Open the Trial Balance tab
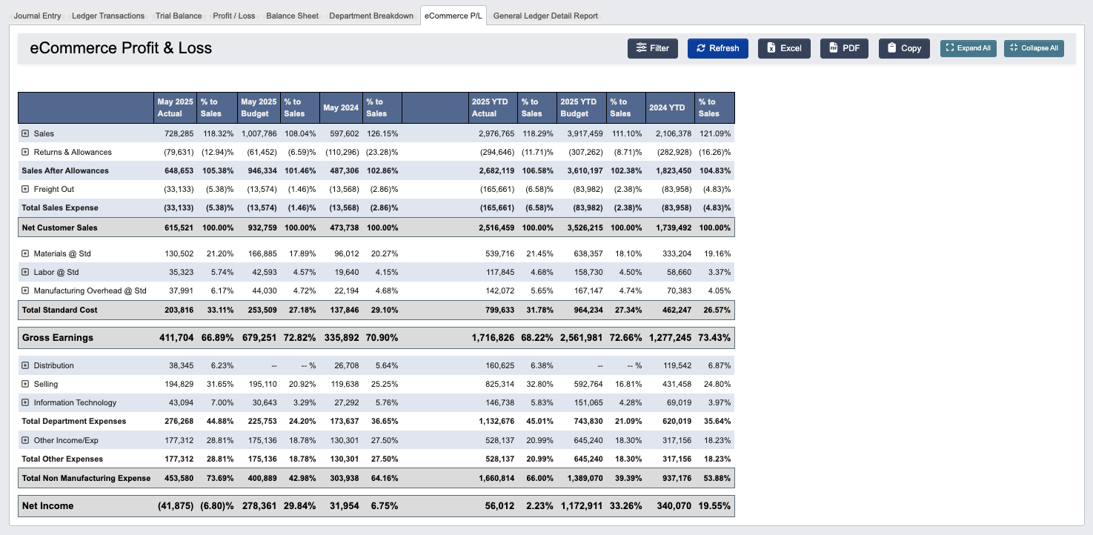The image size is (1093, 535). pyautogui.click(x=179, y=16)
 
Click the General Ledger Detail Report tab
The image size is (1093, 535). pyautogui.click(x=545, y=16)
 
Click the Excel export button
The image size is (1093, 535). pyautogui.click(x=784, y=48)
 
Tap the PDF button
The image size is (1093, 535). pyautogui.click(x=844, y=48)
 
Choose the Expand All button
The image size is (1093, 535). pyautogui.click(x=969, y=48)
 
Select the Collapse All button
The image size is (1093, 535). pyautogui.click(x=1034, y=48)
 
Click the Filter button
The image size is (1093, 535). pyautogui.click(x=652, y=48)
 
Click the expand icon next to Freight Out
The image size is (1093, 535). pyautogui.click(x=25, y=189)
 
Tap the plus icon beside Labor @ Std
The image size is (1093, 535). pyautogui.click(x=25, y=272)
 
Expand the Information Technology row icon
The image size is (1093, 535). pyautogui.click(x=25, y=402)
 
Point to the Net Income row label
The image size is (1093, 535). pyautogui.click(x=48, y=505)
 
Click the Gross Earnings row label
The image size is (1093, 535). pyautogui.click(x=58, y=337)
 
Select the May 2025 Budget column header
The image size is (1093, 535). pyautogui.click(x=259, y=107)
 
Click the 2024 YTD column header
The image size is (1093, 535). pyautogui.click(x=667, y=107)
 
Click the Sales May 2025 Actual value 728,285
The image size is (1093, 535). pyautogui.click(x=179, y=133)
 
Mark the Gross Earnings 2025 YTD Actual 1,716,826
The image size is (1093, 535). pyautogui.click(x=492, y=337)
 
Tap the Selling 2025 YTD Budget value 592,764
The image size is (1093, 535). pyautogui.click(x=583, y=384)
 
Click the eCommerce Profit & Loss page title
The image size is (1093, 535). pyautogui.click(x=121, y=48)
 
